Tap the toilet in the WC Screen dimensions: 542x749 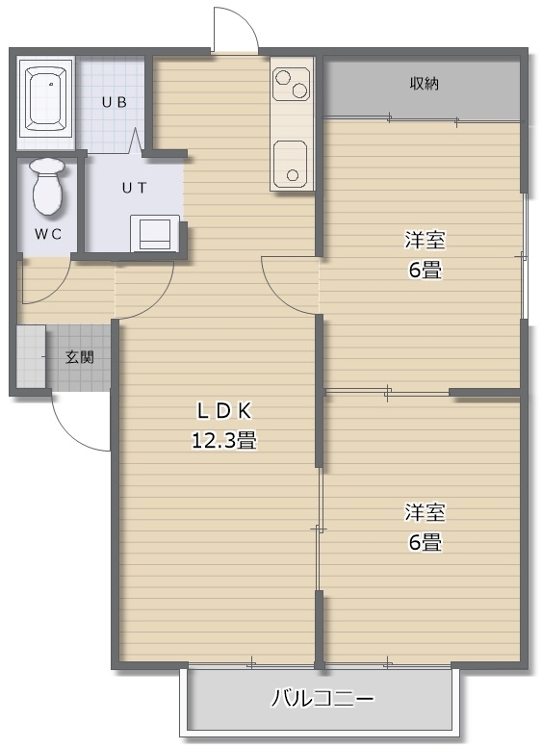pyautogui.click(x=47, y=187)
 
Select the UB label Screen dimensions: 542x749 pyautogui.click(x=115, y=102)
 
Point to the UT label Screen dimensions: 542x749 pyautogui.click(x=134, y=188)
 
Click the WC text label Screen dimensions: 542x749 pyautogui.click(x=48, y=234)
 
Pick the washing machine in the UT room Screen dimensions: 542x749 pyautogui.click(x=155, y=233)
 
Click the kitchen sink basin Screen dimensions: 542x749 pyautogui.click(x=291, y=163)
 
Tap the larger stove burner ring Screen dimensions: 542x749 pyautogui.click(x=299, y=90)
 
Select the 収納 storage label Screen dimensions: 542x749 pyautogui.click(x=424, y=84)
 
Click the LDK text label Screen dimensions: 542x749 pyautogui.click(x=224, y=411)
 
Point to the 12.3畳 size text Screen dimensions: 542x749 pyautogui.click(x=224, y=439)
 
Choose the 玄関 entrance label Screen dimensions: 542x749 pyautogui.click(x=80, y=357)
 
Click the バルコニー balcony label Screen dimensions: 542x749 pyautogui.click(x=323, y=699)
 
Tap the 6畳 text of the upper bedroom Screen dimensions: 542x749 pyautogui.click(x=425, y=271)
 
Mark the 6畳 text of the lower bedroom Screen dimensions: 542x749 pyautogui.click(x=425, y=542)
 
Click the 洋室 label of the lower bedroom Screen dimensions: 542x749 pyautogui.click(x=425, y=512)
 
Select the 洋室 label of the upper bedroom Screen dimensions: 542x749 pyautogui.click(x=425, y=241)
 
